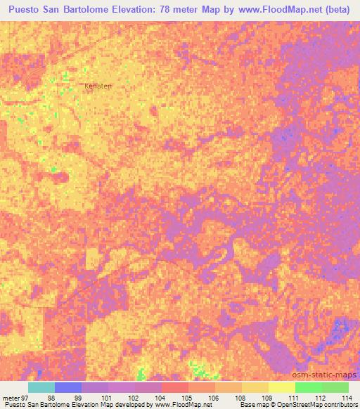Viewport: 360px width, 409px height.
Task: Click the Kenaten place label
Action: pyautogui.click(x=98, y=86)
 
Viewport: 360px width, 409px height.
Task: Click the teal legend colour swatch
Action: pyautogui.click(x=41, y=387)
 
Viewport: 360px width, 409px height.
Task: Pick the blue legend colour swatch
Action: pyautogui.click(x=67, y=387)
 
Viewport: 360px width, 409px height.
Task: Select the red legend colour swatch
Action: pyautogui.click(x=174, y=387)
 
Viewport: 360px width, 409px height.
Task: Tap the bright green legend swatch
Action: pyautogui.click(x=308, y=387)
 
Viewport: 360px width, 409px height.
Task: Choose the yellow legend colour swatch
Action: pyautogui.click(x=255, y=387)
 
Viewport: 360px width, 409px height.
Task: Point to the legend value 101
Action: pyautogui.click(x=105, y=398)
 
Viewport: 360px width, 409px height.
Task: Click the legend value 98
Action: pyautogui.click(x=51, y=398)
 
